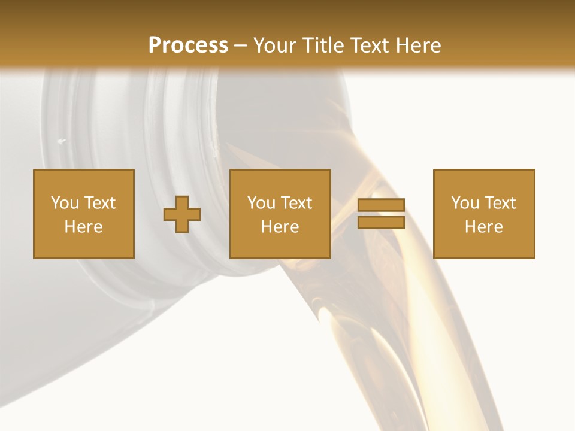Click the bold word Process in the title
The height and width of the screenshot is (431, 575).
[x=188, y=45]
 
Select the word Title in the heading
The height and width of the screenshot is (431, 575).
[x=322, y=45]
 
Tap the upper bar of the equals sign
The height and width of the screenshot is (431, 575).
[x=381, y=205]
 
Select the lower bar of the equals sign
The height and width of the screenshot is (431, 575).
[x=381, y=222]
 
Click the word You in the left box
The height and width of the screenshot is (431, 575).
[x=65, y=203]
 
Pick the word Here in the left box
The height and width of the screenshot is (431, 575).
[x=83, y=227]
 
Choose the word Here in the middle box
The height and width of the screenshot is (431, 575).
[x=280, y=227]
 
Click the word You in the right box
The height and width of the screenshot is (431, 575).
[x=465, y=203]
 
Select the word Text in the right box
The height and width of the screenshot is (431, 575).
[x=500, y=203]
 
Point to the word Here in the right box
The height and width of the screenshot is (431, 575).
[x=483, y=227]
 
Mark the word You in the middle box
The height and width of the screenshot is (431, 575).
[x=261, y=203]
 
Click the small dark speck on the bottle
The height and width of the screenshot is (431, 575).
[x=61, y=141]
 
